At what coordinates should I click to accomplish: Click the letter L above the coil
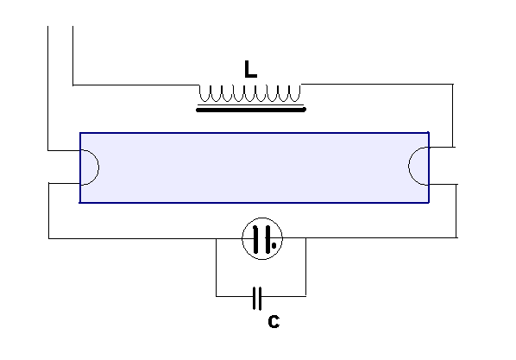click(250, 69)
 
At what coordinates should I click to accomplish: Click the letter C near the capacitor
click(274, 321)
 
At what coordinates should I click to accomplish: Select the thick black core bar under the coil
click(251, 110)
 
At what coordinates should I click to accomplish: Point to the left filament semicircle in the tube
click(98, 167)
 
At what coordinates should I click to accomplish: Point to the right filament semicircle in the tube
click(409, 167)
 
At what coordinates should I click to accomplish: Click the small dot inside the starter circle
click(274, 245)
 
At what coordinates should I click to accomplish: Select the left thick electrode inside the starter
click(255, 239)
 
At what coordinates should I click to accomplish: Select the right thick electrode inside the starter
click(267, 239)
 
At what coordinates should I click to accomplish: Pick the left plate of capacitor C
click(255, 299)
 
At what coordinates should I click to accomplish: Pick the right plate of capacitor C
click(260, 299)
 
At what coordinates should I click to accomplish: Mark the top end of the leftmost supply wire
click(48, 27)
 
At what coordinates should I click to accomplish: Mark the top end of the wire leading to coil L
click(72, 27)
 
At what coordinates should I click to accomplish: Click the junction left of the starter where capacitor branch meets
click(217, 238)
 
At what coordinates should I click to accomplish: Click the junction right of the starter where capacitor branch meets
click(305, 237)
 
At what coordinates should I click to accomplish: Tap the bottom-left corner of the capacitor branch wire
click(217, 296)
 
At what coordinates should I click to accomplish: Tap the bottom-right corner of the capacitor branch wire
click(305, 296)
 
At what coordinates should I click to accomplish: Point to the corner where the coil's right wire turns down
click(453, 85)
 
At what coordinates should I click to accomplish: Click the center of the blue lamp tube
click(255, 167)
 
